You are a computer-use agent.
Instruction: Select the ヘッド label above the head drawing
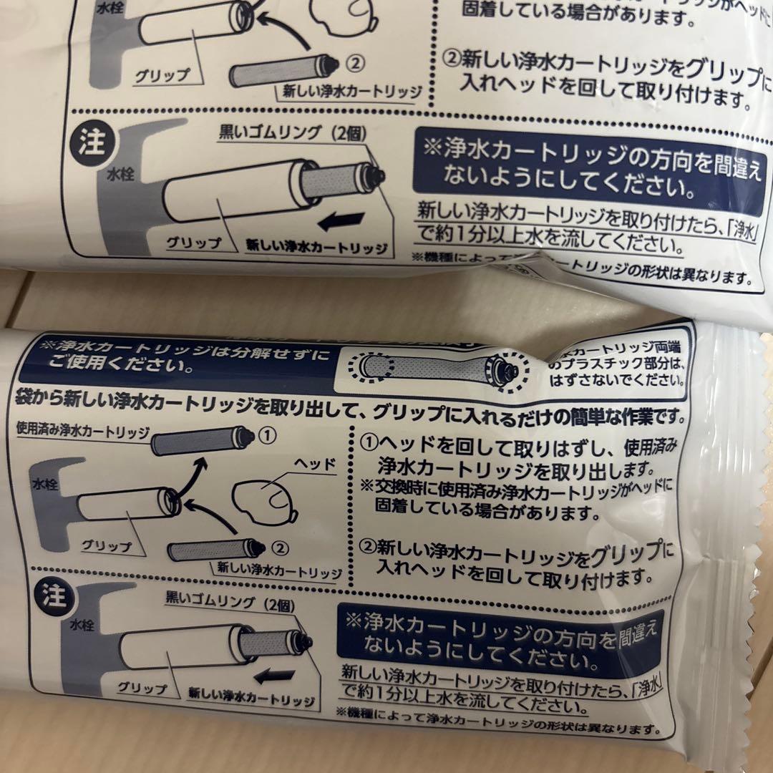pyautogui.click(x=319, y=464)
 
